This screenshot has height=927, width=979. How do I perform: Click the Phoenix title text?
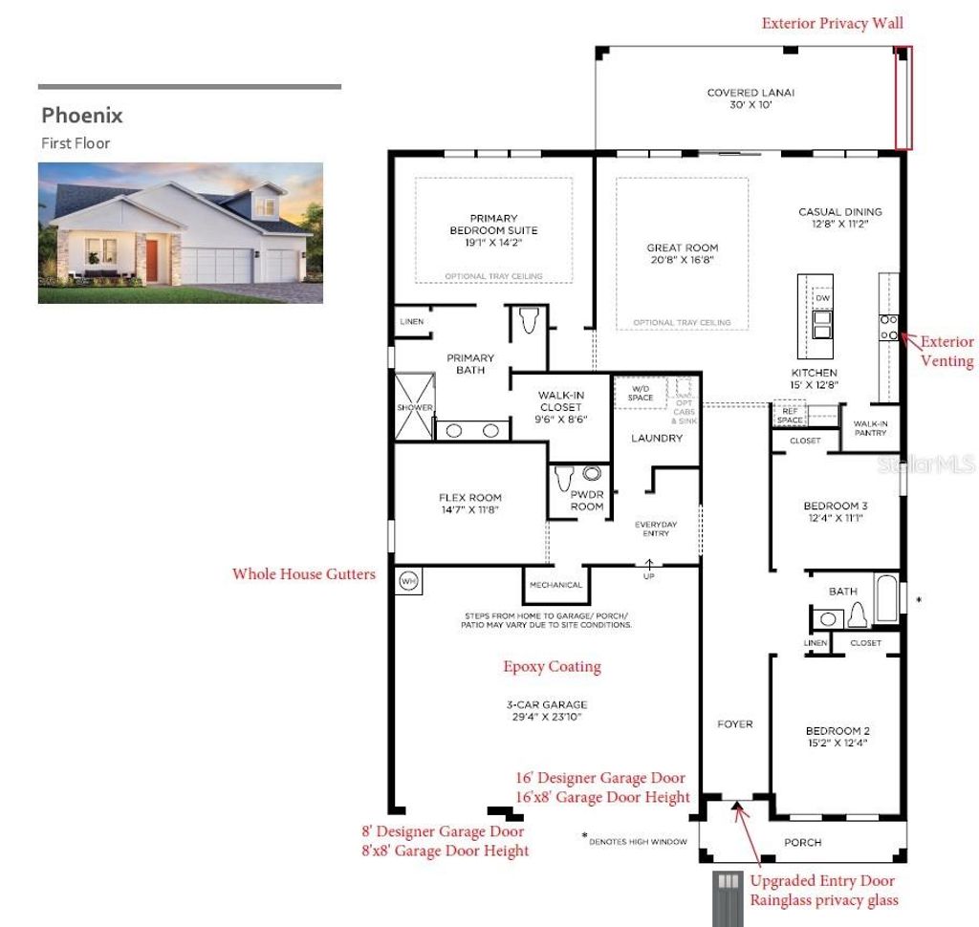82,116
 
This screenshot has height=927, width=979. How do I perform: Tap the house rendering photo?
180,232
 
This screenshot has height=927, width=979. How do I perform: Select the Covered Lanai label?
751,98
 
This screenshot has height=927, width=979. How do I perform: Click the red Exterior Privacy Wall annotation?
832,23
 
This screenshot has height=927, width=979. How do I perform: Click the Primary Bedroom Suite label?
493,230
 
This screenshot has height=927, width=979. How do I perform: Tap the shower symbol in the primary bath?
414,408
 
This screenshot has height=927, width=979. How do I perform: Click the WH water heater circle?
409,580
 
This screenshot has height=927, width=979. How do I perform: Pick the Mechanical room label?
555,585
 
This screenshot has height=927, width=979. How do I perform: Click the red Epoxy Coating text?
552,666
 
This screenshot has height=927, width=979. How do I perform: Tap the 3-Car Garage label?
546,710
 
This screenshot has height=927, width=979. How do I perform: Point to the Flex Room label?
469,504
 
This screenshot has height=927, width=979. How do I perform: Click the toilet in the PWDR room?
564,475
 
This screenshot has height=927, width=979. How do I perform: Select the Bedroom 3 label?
836,511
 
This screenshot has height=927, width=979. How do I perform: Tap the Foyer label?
735,724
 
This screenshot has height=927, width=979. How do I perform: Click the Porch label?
802,842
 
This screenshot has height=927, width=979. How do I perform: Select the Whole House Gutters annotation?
303,574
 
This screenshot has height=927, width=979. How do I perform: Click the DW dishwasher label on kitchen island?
822,298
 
